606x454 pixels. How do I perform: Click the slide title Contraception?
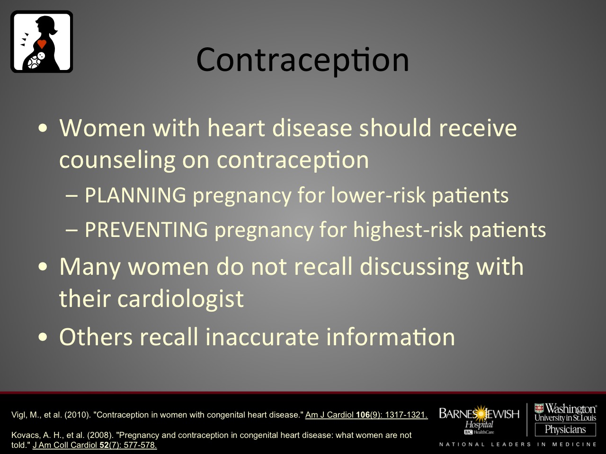coord(303,61)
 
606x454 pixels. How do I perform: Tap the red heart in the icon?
coord(42,44)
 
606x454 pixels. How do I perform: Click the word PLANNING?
coord(135,195)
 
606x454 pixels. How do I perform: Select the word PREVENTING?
coord(146,229)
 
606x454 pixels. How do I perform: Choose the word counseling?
coord(117,160)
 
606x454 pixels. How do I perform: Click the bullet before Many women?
coord(43,267)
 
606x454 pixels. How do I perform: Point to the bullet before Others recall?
coord(43,337)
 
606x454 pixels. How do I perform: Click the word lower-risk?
coord(378,195)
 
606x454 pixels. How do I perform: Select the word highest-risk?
coord(408,229)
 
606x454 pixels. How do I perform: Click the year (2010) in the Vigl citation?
coord(78,415)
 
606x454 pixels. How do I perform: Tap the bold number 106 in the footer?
coord(363,415)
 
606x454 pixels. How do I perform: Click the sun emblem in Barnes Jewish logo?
coord(481,413)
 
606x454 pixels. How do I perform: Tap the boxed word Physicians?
coord(565,429)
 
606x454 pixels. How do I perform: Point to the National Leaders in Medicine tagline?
coord(518,445)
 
